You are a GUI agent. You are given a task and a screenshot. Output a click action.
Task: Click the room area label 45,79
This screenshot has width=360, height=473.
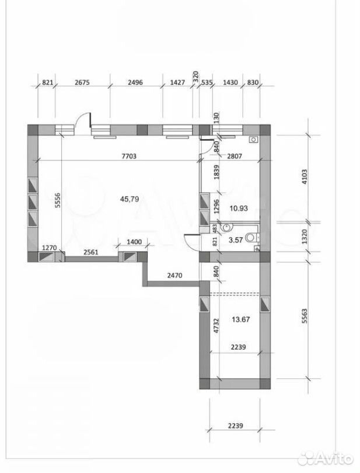130,199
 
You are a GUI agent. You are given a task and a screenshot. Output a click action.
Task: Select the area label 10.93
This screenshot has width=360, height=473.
239,208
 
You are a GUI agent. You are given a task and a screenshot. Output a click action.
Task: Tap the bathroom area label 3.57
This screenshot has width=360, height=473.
236,240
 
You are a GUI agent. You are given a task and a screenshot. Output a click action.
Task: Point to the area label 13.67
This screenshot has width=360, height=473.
241,319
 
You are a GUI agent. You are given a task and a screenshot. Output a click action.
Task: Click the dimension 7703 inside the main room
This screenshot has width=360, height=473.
129,156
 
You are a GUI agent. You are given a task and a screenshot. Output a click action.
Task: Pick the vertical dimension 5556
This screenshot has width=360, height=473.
58,200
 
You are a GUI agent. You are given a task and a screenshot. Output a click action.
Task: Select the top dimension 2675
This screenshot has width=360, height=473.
82,82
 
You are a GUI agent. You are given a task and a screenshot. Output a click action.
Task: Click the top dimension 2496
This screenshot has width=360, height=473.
135,82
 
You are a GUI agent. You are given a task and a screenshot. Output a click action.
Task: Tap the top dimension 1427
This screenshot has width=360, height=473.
177,82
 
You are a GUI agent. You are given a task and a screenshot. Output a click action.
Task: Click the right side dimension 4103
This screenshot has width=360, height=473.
305,177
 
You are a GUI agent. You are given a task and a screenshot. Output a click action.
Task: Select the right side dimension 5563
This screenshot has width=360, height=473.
305,316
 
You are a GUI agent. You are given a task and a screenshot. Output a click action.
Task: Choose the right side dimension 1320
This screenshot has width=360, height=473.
305,237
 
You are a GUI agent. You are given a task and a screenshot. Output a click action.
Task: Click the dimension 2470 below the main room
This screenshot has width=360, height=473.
174,275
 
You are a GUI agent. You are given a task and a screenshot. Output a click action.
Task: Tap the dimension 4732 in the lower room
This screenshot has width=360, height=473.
215,326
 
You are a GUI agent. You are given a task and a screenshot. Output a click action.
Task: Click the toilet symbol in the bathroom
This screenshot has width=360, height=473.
251,238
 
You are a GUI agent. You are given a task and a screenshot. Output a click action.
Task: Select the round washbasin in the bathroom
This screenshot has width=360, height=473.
227,227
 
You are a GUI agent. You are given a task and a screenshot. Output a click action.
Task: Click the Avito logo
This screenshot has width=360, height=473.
326,459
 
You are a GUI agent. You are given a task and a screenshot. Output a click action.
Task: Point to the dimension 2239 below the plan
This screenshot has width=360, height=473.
236,426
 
